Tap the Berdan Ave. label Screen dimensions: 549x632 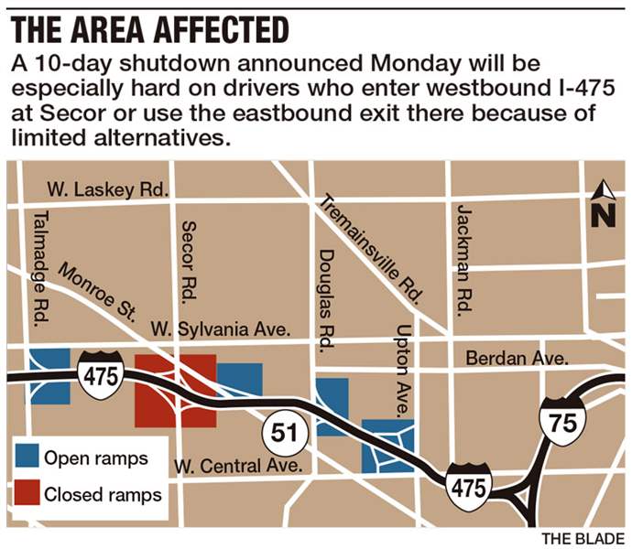[518, 358]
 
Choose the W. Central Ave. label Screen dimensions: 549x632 [238, 467]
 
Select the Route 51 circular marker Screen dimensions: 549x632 [282, 433]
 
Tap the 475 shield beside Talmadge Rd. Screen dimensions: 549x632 [98, 373]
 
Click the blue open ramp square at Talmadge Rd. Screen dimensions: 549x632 [49, 376]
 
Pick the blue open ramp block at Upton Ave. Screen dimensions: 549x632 [387, 446]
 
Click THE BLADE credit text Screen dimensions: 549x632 [582, 537]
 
